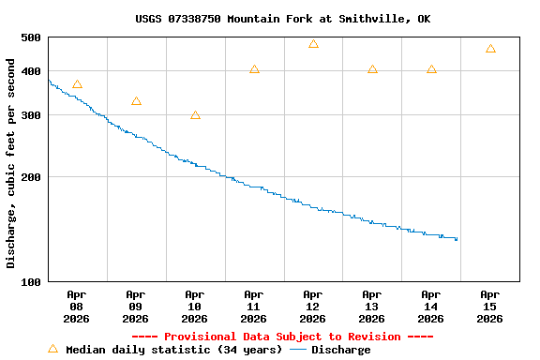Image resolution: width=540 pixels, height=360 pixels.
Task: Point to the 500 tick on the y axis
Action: tap(31, 37)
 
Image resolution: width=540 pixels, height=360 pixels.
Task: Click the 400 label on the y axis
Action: tap(31, 71)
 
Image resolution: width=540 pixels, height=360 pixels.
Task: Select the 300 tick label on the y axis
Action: tap(31, 115)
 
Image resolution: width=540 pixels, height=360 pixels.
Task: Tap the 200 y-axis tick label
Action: tap(31, 177)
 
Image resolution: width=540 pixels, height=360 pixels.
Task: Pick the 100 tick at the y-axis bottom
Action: tap(31, 282)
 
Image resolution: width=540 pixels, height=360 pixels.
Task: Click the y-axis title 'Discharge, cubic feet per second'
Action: tap(11, 163)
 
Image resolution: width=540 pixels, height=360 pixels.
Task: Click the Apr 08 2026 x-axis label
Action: tap(77, 306)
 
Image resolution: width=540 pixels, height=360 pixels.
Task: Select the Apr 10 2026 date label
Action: tap(195, 306)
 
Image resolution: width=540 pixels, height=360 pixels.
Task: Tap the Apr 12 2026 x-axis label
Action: tap(313, 306)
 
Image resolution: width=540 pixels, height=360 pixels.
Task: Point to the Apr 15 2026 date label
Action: tap(490, 306)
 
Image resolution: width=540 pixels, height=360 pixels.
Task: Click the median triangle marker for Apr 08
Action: tap(77, 84)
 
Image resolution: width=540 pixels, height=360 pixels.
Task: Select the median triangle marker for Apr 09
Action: tap(136, 101)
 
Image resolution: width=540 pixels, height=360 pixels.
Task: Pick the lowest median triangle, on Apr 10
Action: tap(195, 115)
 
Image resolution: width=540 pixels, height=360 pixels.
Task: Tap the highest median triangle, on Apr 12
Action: tap(313, 44)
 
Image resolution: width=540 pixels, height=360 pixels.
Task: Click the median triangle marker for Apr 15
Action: tap(490, 49)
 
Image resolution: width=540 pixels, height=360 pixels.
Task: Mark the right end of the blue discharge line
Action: tap(457, 239)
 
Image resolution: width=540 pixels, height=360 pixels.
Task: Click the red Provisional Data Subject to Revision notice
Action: tap(282, 337)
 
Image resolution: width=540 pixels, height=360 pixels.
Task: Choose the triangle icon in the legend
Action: tap(52, 349)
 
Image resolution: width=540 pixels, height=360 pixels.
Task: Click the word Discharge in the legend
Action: tap(340, 350)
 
